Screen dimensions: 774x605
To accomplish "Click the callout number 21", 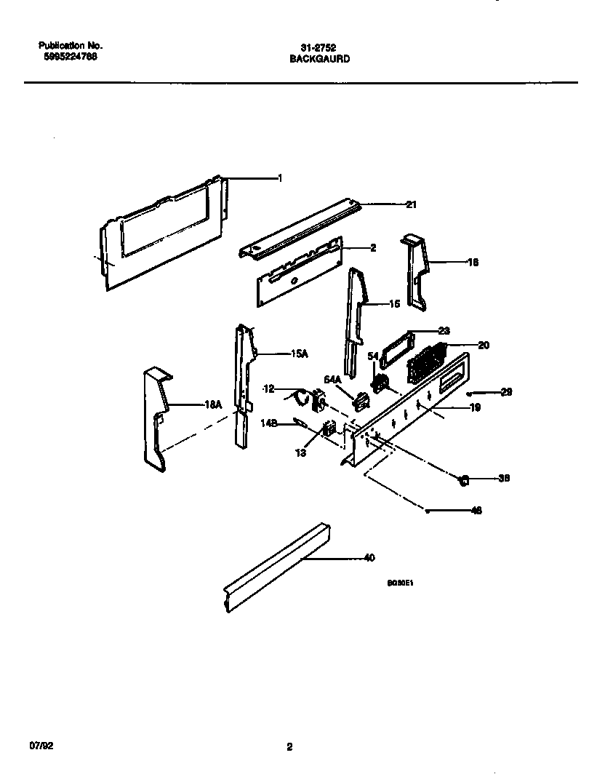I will point(411,205).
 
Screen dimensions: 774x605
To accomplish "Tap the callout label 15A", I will point(300,354).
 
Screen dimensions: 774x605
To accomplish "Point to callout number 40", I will point(369,559).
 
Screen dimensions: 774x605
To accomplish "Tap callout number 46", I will point(477,510).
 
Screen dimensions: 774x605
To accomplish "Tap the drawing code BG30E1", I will point(401,583).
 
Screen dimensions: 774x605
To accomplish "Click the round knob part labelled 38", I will point(462,479).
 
